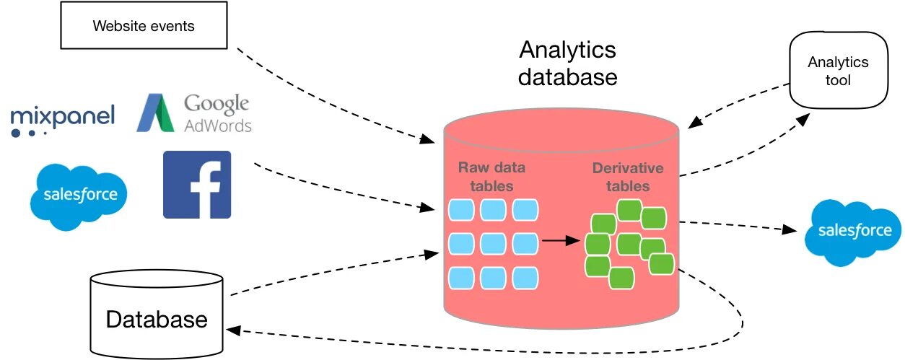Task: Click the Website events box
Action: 144,25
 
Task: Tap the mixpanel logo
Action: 63,120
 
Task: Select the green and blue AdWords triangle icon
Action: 155,113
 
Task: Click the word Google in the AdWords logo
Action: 217,104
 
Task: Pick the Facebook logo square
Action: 197,185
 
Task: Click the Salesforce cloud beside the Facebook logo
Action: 79,196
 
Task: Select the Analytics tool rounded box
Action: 839,70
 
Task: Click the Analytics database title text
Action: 568,63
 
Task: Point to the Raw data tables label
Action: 491,177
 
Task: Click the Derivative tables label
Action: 628,177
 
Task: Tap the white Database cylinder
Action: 157,314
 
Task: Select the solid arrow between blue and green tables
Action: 561,240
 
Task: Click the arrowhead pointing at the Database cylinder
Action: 234,330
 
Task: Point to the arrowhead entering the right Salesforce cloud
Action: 789,229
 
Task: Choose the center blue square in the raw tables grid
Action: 493,244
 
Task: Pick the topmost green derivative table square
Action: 629,210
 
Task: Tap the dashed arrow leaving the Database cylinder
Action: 335,273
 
